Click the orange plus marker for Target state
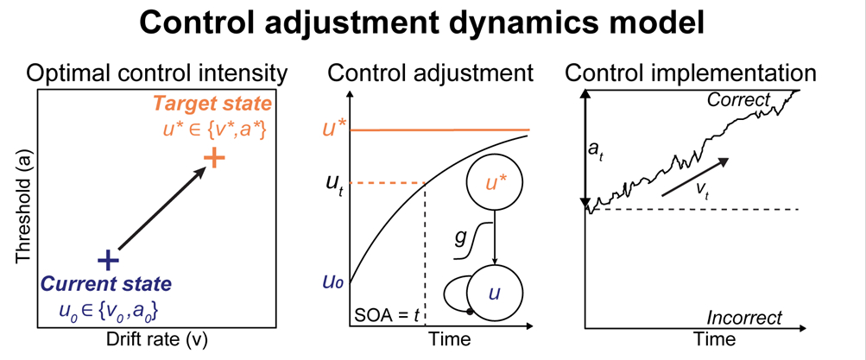(x=215, y=158)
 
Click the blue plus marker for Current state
(x=106, y=259)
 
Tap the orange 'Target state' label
(x=212, y=104)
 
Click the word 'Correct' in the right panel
(x=737, y=100)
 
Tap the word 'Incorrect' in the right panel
(x=745, y=317)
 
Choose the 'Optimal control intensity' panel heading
(x=156, y=73)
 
